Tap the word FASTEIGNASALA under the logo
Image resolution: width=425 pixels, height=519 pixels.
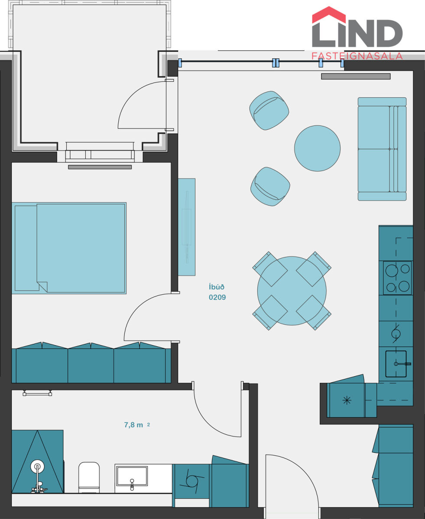[x=357, y=56]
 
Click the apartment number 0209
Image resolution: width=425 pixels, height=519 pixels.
[x=217, y=298]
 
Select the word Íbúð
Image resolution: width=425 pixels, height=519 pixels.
[x=217, y=287]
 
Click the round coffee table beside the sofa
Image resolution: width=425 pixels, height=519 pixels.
[x=317, y=148]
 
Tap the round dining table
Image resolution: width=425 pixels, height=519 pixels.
[x=292, y=291]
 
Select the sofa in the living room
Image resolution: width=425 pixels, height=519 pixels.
[x=382, y=149]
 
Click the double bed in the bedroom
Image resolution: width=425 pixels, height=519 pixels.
[x=69, y=248]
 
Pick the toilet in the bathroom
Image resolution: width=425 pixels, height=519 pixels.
[x=89, y=477]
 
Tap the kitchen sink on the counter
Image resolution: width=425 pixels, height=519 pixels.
[x=396, y=364]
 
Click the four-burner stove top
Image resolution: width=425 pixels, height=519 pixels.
[x=397, y=278]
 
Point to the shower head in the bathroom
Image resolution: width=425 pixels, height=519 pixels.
[x=37, y=466]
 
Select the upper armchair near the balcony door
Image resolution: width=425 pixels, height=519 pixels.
[x=269, y=110]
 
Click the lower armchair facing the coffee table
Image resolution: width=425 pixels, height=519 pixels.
[x=270, y=186]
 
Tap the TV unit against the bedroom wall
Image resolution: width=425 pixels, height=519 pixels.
[x=187, y=227]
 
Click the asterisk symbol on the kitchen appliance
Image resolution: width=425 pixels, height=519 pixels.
[x=347, y=400]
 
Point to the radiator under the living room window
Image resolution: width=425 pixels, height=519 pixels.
[x=356, y=76]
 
